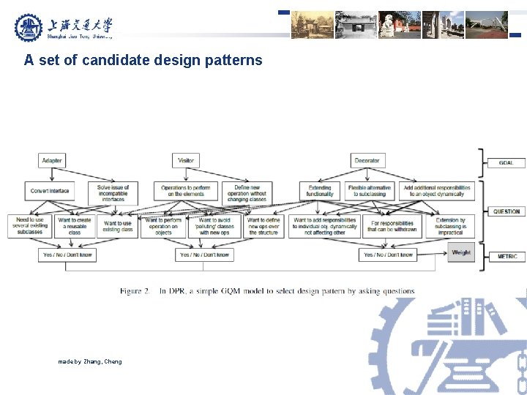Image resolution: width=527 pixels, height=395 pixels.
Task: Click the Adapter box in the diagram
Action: [x=52, y=160]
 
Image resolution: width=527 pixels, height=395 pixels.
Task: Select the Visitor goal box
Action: [x=186, y=160]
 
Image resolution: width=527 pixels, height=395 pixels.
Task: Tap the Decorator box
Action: [x=367, y=160]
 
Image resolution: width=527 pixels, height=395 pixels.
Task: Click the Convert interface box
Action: [x=50, y=191]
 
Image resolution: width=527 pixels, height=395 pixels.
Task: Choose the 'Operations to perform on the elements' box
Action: [x=185, y=191]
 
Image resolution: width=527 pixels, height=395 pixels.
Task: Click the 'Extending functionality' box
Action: [x=319, y=191]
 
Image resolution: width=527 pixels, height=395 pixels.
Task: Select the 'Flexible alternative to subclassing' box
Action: [x=368, y=191]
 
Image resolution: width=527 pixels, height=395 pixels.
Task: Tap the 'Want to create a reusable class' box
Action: [x=75, y=225]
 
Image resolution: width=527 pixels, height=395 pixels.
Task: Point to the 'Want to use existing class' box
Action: [x=118, y=226]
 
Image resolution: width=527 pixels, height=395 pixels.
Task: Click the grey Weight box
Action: [x=461, y=252]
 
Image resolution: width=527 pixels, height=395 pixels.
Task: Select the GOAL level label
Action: [x=506, y=162]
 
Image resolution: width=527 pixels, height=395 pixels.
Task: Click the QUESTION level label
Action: [x=506, y=211]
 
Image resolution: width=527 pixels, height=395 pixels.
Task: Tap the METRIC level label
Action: [x=507, y=257]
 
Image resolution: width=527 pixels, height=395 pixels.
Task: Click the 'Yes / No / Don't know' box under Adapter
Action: [x=67, y=255]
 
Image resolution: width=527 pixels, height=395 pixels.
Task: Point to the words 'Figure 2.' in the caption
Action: [x=135, y=291]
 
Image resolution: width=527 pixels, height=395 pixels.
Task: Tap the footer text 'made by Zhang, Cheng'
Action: [x=90, y=361]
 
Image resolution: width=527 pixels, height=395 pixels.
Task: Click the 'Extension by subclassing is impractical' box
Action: [x=450, y=225]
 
